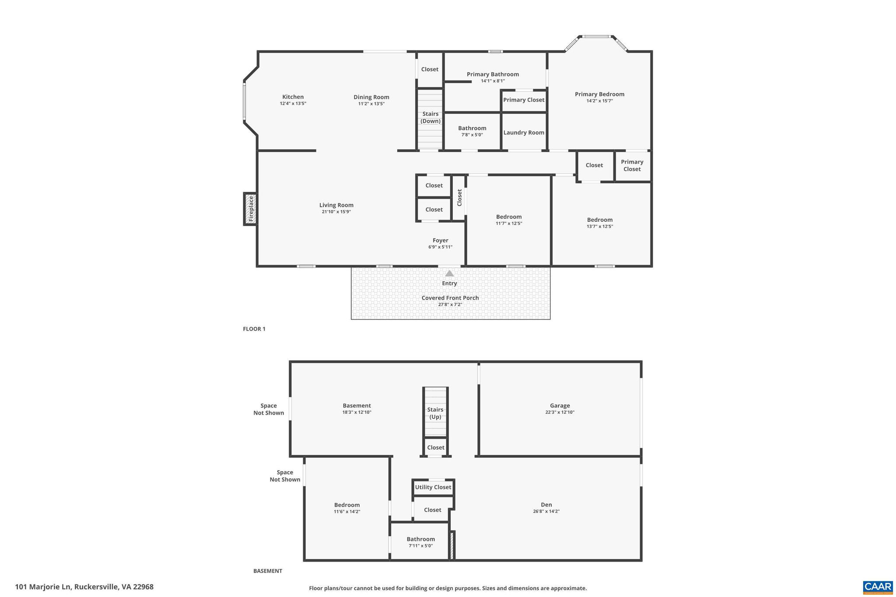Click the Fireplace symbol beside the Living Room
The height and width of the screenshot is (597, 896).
tap(251, 209)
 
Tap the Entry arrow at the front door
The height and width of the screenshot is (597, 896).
tap(449, 274)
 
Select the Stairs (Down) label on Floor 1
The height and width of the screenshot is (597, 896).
tap(430, 117)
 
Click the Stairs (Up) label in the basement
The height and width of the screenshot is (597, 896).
tap(435, 413)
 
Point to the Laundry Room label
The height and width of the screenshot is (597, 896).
tap(524, 133)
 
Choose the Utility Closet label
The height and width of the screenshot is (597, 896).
tap(433, 487)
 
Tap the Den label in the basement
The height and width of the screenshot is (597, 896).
tap(546, 505)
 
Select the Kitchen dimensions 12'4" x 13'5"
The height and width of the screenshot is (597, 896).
tap(293, 104)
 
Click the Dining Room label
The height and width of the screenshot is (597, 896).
tap(371, 97)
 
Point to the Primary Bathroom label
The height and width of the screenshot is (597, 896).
tap(493, 74)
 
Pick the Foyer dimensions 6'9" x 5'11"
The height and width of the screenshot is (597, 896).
tap(440, 247)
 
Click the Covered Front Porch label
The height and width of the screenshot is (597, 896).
tap(450, 298)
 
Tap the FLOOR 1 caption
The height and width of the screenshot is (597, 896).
tap(254, 329)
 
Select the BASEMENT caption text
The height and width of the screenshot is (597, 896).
tap(268, 571)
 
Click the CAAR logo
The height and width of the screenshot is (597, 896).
tap(877, 587)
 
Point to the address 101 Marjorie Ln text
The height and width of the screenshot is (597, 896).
tap(84, 587)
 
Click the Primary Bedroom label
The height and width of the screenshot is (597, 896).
tap(599, 94)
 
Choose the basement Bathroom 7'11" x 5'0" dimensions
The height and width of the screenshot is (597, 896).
tap(420, 546)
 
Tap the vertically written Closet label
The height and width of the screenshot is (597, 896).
tap(459, 198)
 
